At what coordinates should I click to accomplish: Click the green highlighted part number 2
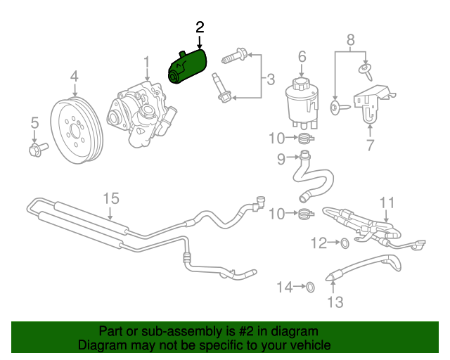click(x=188, y=67)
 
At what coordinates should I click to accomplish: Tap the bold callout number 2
click(x=200, y=27)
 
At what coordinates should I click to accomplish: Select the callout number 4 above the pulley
click(x=75, y=77)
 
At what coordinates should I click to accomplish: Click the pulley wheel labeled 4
click(x=77, y=131)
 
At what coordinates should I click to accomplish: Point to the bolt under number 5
click(x=39, y=150)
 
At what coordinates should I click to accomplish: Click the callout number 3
click(x=270, y=79)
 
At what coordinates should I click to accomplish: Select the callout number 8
click(x=350, y=40)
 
